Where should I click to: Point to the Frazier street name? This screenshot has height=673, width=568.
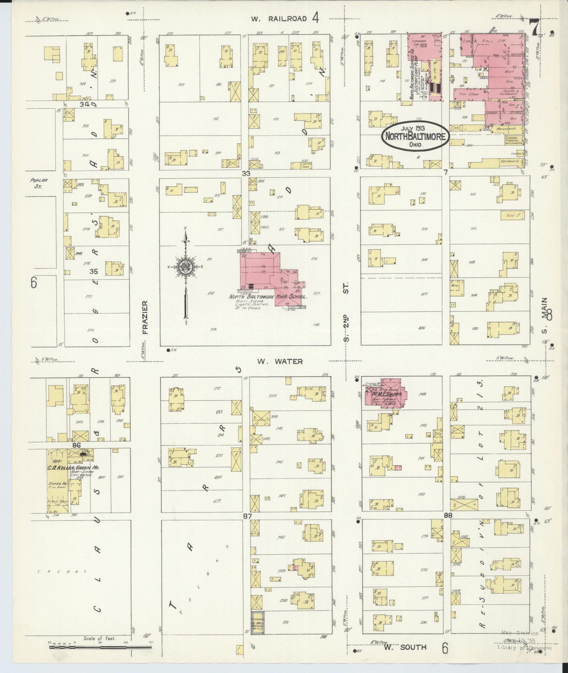[x=144, y=317]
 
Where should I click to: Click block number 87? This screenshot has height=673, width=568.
[x=247, y=516]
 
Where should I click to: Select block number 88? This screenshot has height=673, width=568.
[x=448, y=515]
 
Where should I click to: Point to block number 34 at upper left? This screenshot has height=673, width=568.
[x=85, y=104]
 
